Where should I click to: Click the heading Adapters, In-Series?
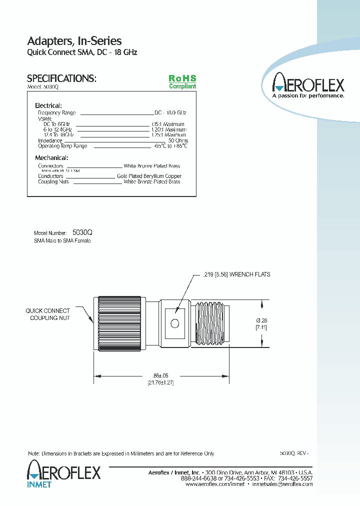click(74, 41)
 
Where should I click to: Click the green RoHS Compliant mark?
click(182, 82)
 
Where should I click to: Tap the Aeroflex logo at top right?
click(307, 85)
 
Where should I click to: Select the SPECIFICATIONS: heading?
click(61, 78)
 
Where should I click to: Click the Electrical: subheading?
click(48, 105)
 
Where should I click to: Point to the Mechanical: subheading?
click(51, 158)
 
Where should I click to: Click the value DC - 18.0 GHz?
click(170, 113)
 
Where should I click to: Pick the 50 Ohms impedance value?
click(178, 140)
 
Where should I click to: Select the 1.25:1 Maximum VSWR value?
click(168, 135)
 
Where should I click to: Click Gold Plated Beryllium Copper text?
click(149, 176)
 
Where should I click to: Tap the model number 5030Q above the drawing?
click(82, 232)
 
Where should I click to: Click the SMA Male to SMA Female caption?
click(62, 240)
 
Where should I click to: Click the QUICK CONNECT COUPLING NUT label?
click(48, 314)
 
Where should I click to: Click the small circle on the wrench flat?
click(175, 323)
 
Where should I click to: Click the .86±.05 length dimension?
click(160, 375)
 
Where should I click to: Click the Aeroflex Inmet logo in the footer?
click(63, 474)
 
